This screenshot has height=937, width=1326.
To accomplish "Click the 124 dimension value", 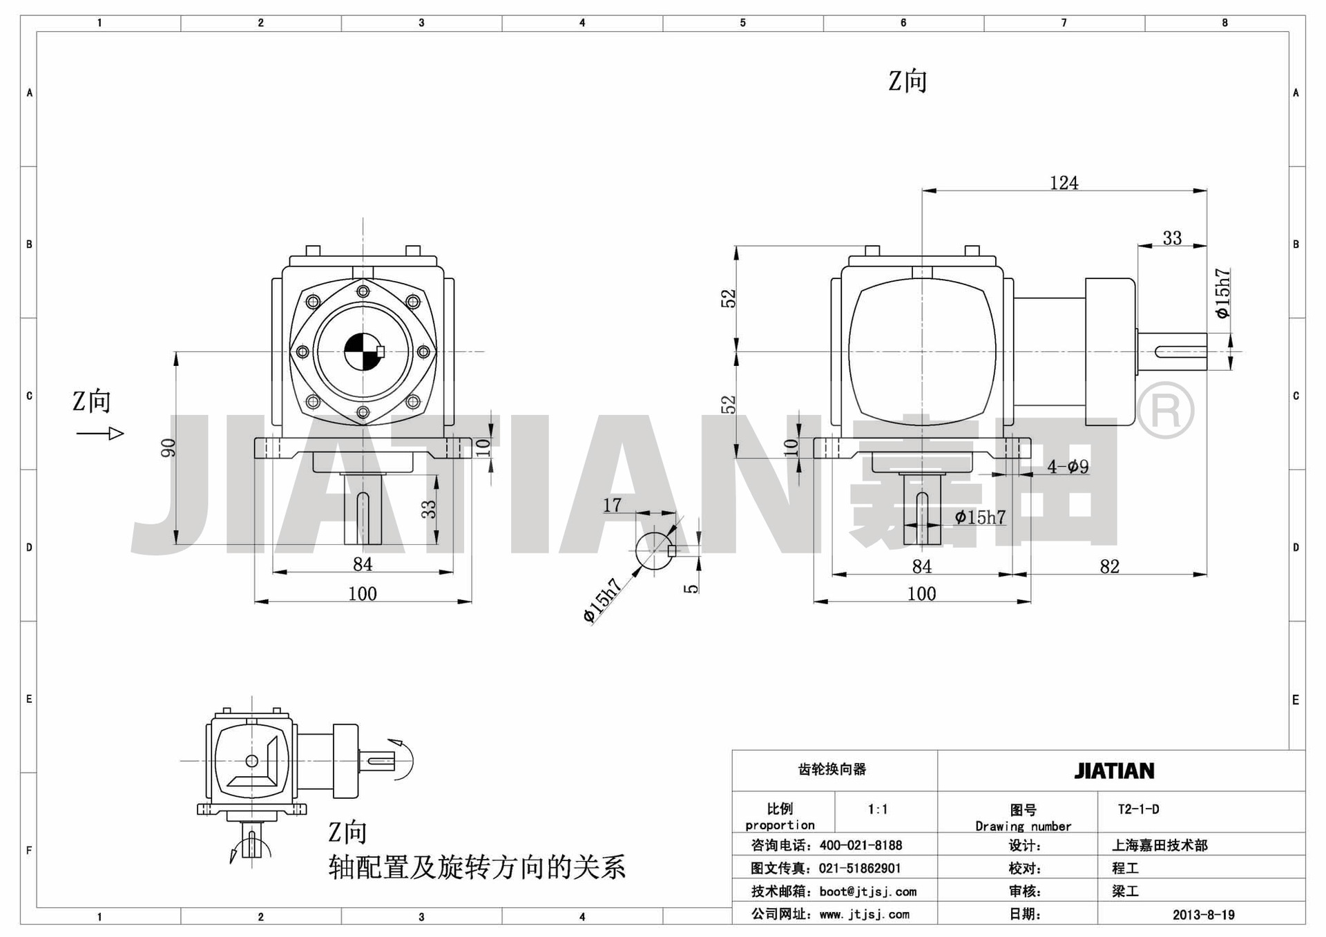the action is (x=1064, y=182).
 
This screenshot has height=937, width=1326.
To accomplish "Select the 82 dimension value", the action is (x=1109, y=566).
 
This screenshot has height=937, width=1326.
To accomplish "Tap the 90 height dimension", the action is (x=168, y=448).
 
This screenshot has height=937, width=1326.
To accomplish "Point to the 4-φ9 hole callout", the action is (x=1068, y=467).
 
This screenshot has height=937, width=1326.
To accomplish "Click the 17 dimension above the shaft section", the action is (x=612, y=505).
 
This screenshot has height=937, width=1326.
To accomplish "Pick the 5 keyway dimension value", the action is (x=691, y=588).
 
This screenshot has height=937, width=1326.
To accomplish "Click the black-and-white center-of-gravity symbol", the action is (x=363, y=351).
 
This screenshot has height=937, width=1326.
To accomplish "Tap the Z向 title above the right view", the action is (x=907, y=81).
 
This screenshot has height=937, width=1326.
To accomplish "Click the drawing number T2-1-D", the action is (x=1139, y=809).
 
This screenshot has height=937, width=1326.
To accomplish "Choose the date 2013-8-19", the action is (x=1204, y=915).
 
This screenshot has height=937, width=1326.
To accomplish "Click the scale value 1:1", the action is (x=878, y=809).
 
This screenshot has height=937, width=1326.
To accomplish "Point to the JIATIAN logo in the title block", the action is (x=1114, y=771).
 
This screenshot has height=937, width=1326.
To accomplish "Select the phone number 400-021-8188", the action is (x=861, y=845).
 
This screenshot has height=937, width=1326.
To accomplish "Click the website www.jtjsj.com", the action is (x=865, y=915).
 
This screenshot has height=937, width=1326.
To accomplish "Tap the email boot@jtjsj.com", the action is (x=868, y=891).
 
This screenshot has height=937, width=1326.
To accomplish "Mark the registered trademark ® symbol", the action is (x=1165, y=410).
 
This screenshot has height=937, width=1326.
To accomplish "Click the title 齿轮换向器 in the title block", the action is (x=832, y=769).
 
